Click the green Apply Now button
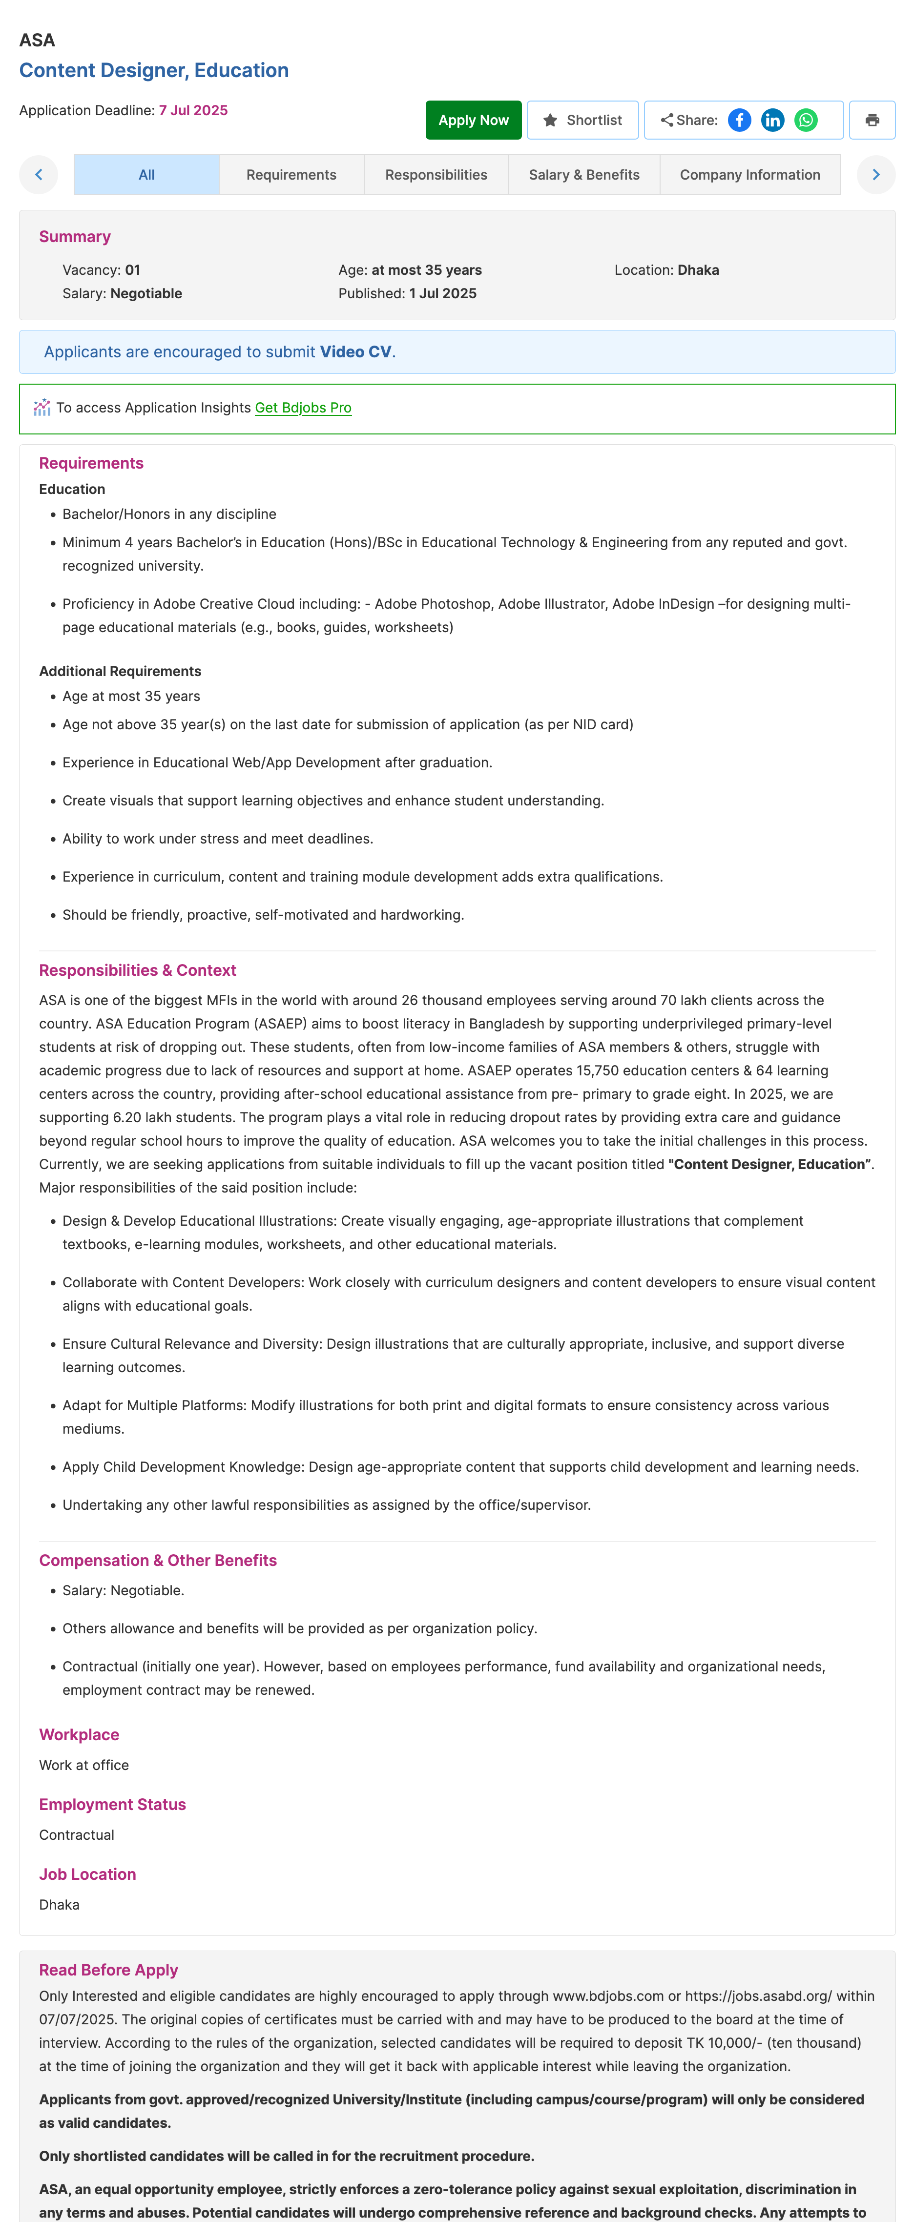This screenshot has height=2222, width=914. (473, 120)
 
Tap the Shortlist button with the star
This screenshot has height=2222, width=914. (582, 120)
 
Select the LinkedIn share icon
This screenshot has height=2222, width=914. (772, 120)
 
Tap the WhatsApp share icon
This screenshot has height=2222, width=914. (806, 120)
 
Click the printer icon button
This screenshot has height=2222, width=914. (872, 120)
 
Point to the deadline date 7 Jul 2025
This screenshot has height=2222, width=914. (193, 110)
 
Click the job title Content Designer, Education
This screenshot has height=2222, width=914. (154, 71)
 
